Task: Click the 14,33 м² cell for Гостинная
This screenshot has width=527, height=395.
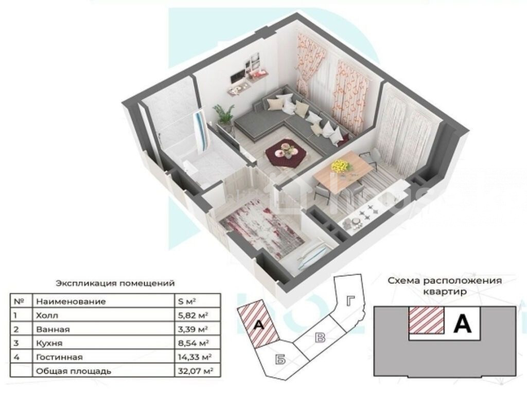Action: click(194, 357)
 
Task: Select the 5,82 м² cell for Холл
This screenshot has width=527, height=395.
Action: click(192, 315)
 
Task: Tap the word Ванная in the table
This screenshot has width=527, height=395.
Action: click(53, 330)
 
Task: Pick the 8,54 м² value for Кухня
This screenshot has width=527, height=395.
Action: click(194, 343)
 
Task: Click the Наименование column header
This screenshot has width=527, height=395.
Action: click(71, 301)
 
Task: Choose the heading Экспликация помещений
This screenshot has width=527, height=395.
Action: click(115, 283)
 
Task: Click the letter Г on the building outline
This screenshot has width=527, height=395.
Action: click(350, 300)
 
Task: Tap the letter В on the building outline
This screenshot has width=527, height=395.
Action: click(321, 337)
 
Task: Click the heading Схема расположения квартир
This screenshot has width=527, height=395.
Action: click(445, 286)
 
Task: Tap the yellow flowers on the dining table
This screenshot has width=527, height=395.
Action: click(341, 166)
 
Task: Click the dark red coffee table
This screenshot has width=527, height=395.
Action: click(286, 153)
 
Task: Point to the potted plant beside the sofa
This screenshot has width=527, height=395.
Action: click(224, 115)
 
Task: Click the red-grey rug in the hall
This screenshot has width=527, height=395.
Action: click(262, 229)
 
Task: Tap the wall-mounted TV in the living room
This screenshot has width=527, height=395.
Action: click(238, 76)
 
